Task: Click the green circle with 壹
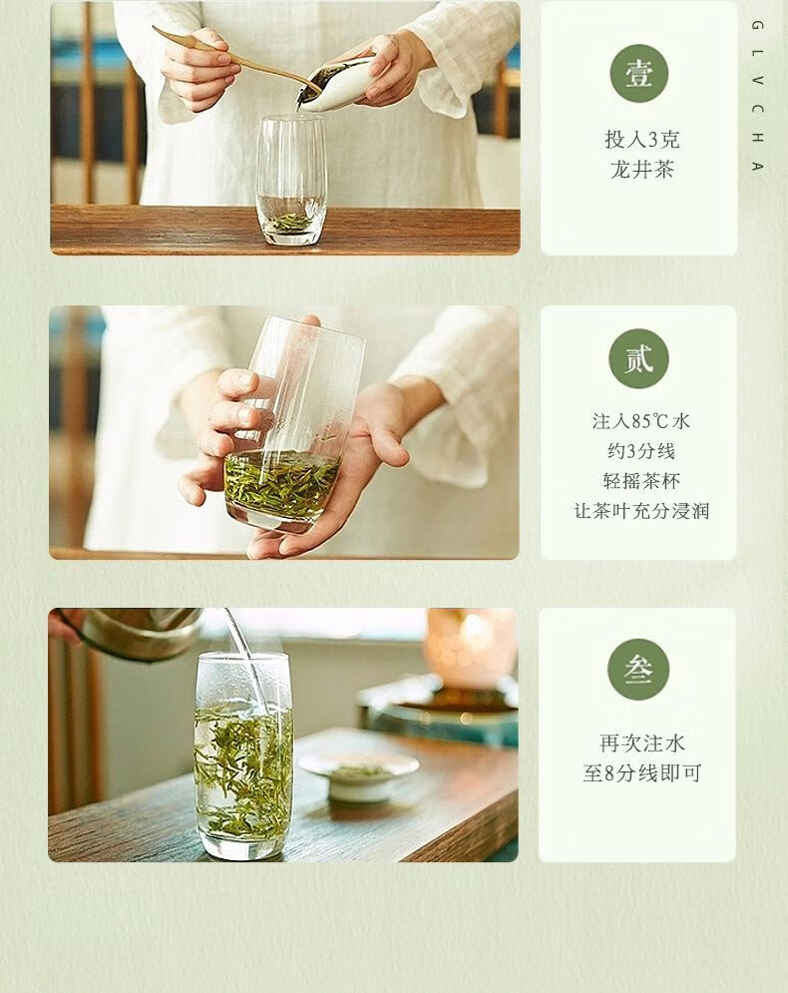tap(639, 74)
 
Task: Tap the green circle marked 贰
tap(638, 358)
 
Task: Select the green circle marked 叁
tap(638, 670)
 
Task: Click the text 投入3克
tap(641, 140)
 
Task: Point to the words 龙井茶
tap(641, 170)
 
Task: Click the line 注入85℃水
tap(641, 421)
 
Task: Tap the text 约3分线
tap(641, 451)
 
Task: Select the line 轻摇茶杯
tap(641, 481)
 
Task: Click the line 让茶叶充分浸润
tap(641, 510)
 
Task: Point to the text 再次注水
tap(641, 743)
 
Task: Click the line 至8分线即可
tap(641, 773)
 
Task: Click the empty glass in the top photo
tap(290, 180)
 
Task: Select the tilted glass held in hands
tap(291, 425)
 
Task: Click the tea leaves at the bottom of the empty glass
tap(291, 223)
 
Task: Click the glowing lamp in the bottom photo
tap(470, 646)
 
